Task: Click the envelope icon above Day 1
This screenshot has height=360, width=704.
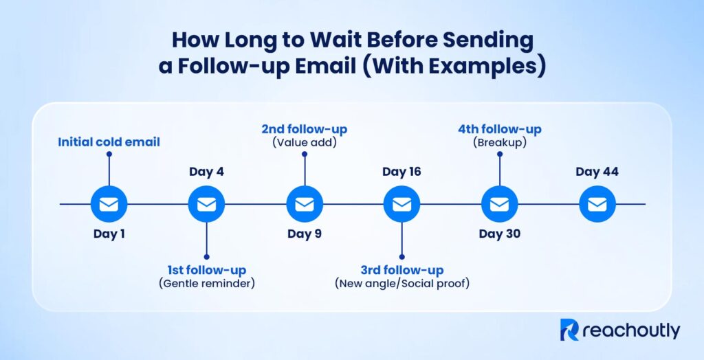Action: [109, 204]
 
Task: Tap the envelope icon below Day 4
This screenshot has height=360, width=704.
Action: [206, 204]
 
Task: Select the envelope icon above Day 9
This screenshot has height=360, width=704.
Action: [304, 204]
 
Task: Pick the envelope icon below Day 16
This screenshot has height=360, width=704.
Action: [401, 204]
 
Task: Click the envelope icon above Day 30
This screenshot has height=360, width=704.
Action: [499, 204]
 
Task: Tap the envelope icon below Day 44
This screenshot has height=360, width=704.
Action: [597, 204]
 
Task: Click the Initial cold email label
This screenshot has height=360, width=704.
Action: [109, 142]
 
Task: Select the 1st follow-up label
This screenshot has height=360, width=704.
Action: [207, 270]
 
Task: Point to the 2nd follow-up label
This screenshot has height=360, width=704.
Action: [304, 128]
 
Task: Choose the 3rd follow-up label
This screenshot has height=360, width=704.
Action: [402, 270]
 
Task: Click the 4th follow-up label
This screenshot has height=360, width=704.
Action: [500, 128]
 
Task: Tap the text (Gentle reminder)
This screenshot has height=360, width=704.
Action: [207, 283]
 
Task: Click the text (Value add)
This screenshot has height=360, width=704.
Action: [304, 142]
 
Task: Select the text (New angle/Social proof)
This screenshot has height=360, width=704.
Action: [402, 283]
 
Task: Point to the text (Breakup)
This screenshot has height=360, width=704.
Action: [500, 142]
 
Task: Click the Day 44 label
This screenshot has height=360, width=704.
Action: [597, 171]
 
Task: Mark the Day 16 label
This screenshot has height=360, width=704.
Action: [401, 171]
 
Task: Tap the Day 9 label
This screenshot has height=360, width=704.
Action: [304, 234]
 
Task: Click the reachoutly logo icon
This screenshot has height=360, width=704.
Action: [570, 330]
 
